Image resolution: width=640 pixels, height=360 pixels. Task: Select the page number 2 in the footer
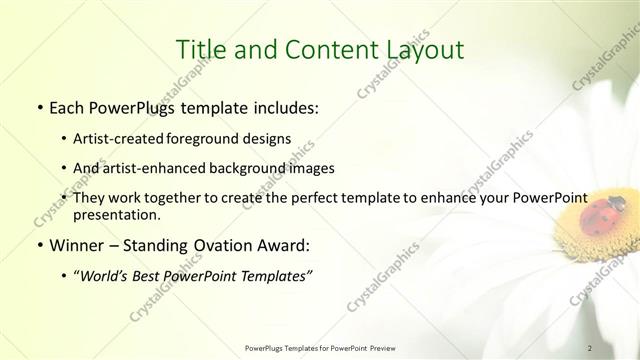click(x=591, y=347)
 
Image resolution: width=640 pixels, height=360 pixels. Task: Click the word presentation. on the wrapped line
click(x=116, y=214)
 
